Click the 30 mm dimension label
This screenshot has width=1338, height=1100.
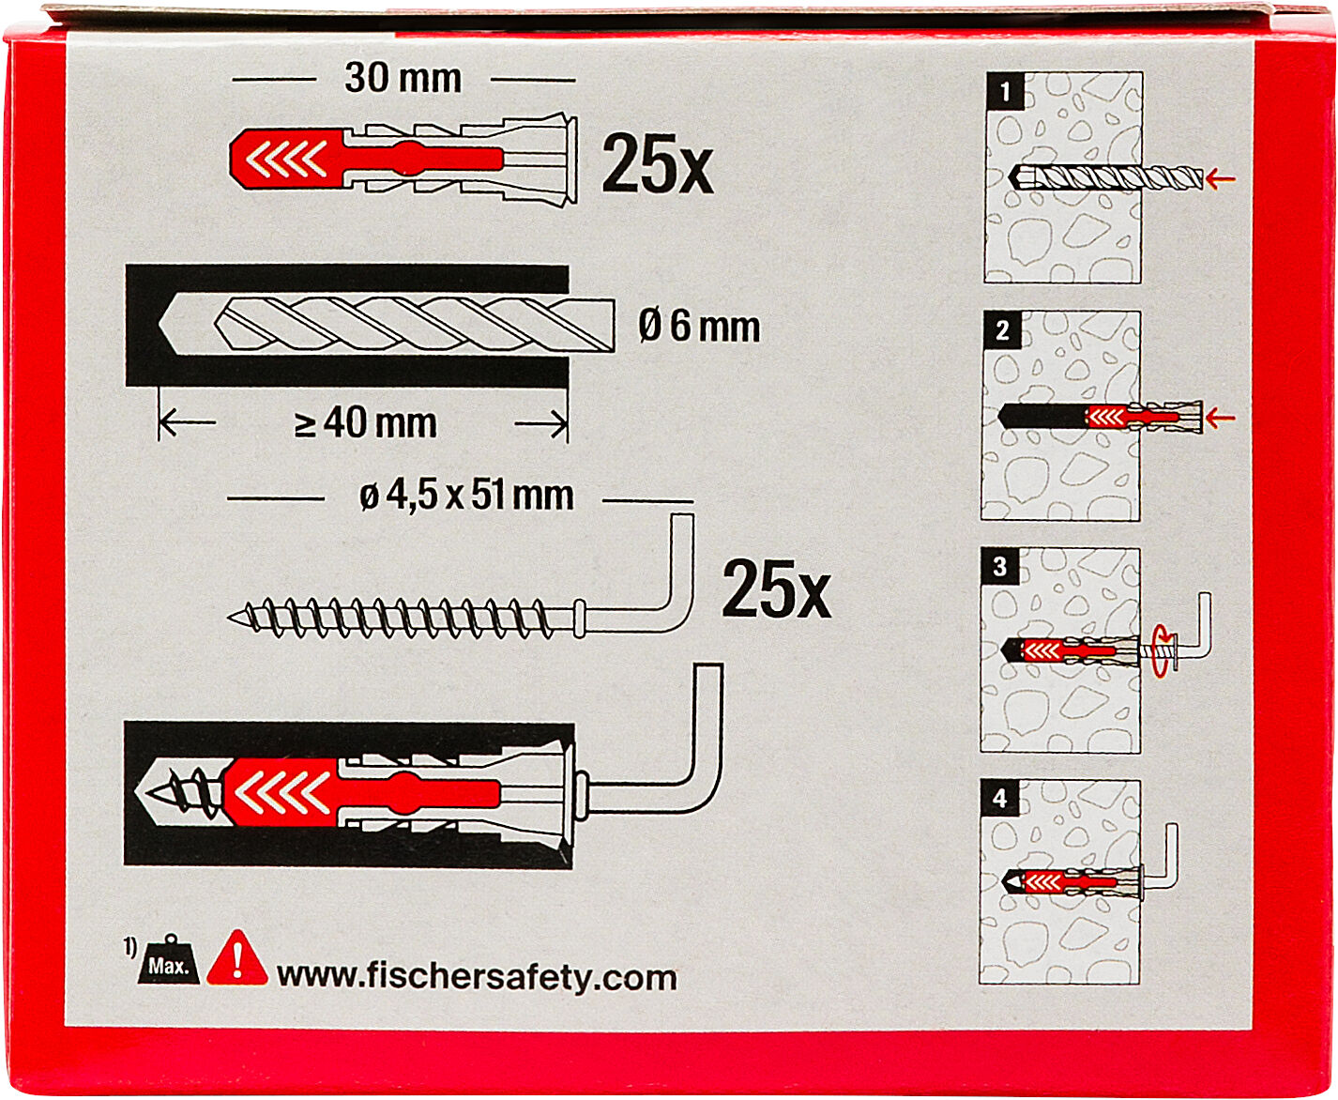403,79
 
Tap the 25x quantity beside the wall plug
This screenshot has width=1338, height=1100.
657,163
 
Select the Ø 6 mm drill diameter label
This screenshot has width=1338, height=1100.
698,327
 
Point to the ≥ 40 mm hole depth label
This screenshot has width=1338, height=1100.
365,422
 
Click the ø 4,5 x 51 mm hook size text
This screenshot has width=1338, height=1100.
466,496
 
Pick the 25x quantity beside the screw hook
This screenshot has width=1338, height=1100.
777,588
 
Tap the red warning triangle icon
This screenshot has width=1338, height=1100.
236,958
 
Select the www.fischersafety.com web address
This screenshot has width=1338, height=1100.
477,978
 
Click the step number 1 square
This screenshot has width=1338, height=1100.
1005,91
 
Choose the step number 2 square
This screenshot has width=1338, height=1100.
1002,330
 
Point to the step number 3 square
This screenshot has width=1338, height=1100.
1000,566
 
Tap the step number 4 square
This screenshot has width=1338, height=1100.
1000,798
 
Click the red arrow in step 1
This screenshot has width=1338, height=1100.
1221,179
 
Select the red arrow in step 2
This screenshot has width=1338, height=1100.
1220,418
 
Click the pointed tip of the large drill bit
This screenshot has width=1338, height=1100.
160,325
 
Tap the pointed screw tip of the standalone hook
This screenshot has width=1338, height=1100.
230,616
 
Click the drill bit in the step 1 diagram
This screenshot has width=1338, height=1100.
1105,177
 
